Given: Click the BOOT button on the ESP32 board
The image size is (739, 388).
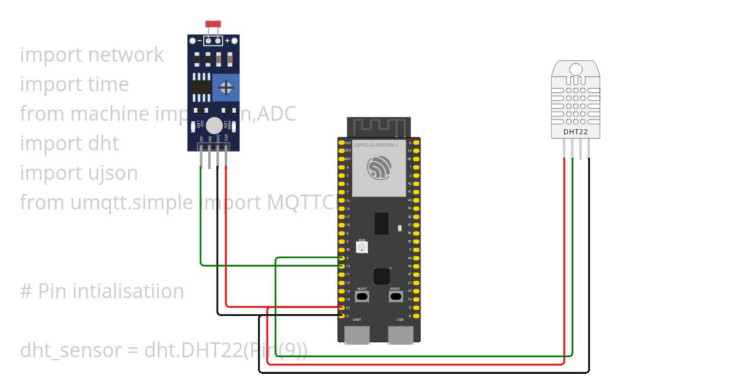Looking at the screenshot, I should tap(362, 296).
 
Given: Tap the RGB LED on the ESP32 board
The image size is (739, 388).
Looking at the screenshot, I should tap(362, 247).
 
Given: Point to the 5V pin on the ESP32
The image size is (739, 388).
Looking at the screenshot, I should tap(341, 307).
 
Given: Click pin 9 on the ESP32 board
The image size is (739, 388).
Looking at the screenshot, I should tap(341, 257).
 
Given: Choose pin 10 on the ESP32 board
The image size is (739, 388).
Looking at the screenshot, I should tap(341, 266).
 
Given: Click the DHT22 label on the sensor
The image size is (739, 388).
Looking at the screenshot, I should tap(575, 131).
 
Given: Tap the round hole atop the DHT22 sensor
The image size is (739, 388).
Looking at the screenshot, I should tap(576, 69).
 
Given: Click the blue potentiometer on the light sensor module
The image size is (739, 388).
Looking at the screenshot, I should tap(226, 87).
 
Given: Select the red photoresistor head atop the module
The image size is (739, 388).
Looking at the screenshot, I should tap(213, 24).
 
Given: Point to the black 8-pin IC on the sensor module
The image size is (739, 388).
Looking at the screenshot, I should tap(201, 87).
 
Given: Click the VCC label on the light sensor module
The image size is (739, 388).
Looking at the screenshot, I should tap(226, 138).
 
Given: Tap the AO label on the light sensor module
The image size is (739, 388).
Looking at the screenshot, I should tap(201, 139).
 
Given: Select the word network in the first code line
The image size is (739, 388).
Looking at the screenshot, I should tap(126, 55).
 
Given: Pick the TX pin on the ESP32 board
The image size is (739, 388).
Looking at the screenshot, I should tap(417, 151).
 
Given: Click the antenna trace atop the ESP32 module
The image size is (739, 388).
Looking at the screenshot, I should tap(379, 126).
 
